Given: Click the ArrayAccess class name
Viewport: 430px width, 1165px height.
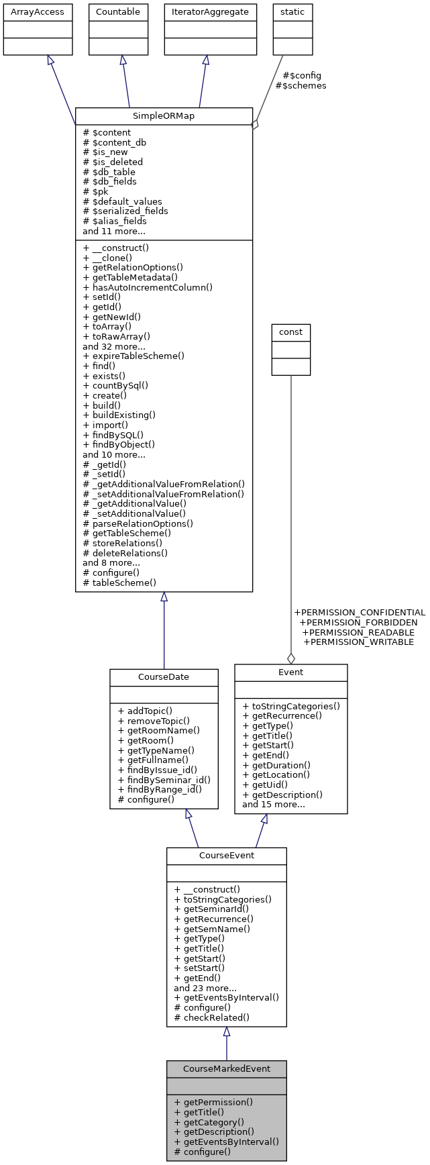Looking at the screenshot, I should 38,11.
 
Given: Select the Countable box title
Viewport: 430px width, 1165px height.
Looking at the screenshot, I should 118,11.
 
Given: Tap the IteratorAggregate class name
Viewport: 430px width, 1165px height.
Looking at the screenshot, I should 211,11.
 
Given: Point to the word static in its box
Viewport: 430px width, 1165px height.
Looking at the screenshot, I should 292,11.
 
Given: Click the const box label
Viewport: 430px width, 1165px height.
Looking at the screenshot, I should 290,332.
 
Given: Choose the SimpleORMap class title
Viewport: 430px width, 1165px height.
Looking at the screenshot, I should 164,115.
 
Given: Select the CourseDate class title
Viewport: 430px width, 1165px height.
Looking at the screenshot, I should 164,676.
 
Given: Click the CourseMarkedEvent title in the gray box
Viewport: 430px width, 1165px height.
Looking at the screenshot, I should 227,1068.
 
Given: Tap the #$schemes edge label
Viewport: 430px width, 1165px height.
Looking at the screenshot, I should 301,85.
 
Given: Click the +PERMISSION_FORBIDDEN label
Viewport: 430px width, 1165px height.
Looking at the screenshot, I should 358,622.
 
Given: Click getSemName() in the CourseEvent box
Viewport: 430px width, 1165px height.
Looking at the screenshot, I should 212,929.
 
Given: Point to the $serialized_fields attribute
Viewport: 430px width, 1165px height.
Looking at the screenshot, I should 125,211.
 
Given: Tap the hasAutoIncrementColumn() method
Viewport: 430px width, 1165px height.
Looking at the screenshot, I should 148,287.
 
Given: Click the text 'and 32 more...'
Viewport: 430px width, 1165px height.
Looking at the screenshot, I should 113,346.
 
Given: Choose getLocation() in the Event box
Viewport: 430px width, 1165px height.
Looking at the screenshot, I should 276,774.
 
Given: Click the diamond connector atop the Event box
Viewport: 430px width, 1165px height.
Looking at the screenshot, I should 290,658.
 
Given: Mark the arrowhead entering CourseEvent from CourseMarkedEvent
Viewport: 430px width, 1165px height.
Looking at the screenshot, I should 227,1032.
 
